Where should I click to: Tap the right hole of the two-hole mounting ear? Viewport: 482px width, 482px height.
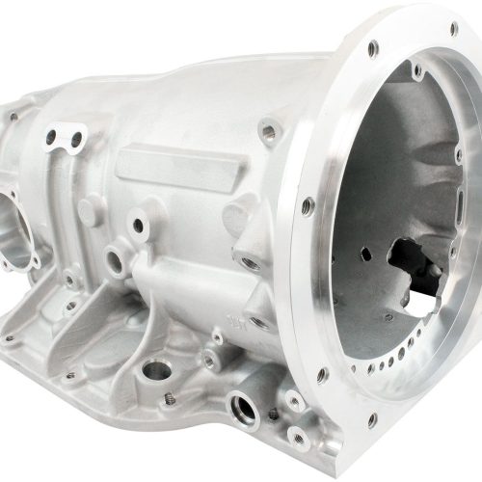pos(75,141)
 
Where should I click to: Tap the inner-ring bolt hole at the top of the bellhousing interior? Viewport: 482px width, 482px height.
pos(416,70)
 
